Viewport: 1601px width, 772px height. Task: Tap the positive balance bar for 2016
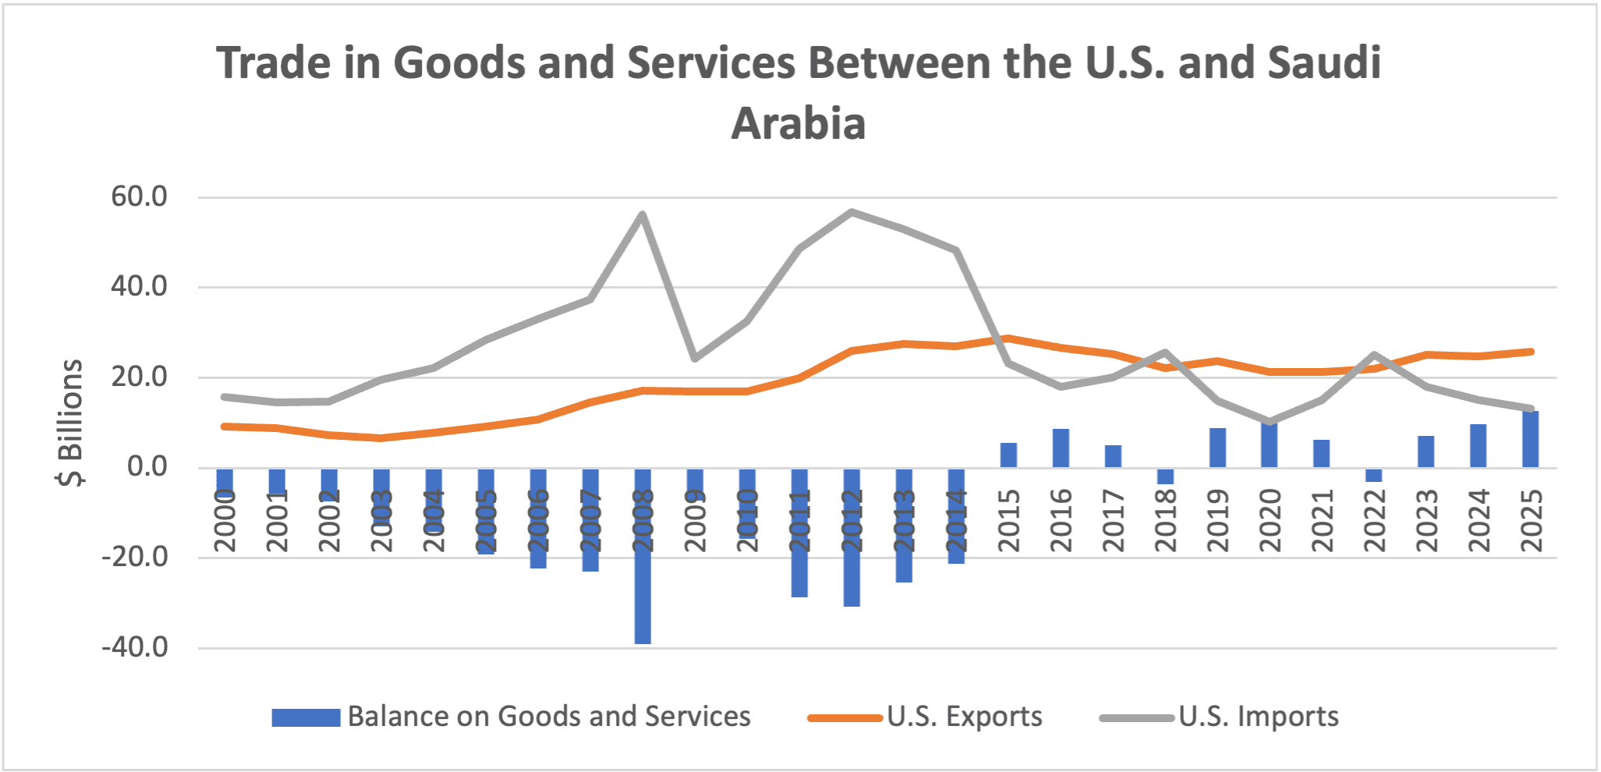[x=1061, y=448]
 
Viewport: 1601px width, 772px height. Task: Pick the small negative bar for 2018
[x=1165, y=476]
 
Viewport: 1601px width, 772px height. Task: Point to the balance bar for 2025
[x=1531, y=439]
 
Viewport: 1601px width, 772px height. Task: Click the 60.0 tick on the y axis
[x=140, y=197]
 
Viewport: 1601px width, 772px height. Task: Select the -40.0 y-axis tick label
[x=135, y=647]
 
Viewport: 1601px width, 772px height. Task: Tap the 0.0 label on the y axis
[x=147, y=467]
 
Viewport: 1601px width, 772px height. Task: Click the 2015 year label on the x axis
[x=1009, y=521]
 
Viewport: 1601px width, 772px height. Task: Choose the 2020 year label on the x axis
[x=1270, y=521]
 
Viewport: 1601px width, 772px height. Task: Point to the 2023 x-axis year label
[x=1427, y=521]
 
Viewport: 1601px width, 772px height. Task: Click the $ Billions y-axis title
[x=70, y=422]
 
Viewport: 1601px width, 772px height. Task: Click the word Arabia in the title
[x=799, y=123]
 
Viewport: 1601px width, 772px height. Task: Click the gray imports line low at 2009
[x=695, y=359]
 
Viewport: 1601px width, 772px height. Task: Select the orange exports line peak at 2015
[x=1008, y=338]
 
